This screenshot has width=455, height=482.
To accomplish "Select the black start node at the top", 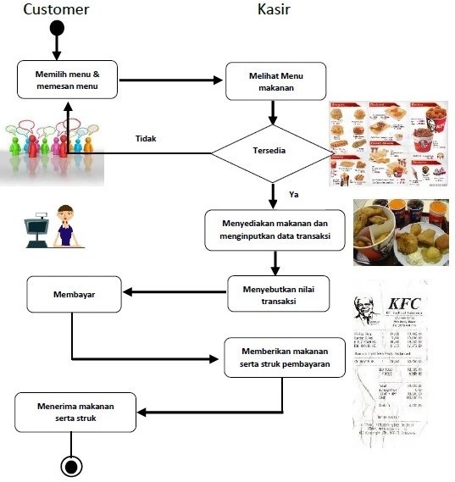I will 57,28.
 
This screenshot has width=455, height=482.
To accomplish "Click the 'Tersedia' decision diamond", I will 272,153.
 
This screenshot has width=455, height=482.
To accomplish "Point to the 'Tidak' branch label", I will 147,139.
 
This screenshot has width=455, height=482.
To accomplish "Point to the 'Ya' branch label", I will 294,195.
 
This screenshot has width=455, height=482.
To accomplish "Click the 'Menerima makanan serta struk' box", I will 75,412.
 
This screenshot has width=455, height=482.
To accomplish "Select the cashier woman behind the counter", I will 64,224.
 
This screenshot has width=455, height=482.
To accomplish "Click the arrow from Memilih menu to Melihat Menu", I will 169,81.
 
